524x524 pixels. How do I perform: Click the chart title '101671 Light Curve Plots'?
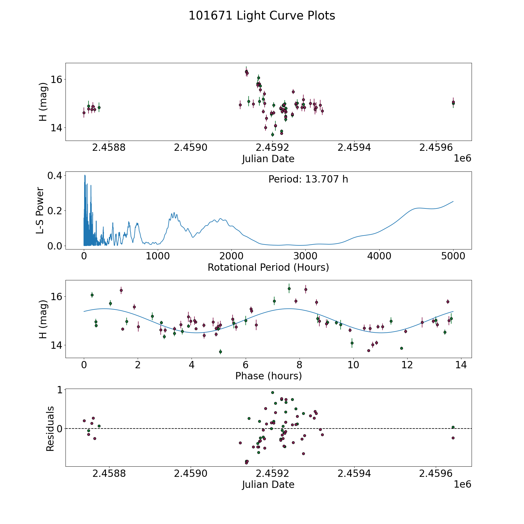pos(262,16)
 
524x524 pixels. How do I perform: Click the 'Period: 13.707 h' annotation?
pos(308,179)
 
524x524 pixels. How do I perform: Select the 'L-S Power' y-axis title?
pos(40,210)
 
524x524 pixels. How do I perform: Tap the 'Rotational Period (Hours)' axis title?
pos(268,267)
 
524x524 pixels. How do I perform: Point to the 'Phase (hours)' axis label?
pos(268,376)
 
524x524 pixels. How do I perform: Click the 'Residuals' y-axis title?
pos(50,429)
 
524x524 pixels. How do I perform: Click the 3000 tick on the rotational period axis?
pos(305,256)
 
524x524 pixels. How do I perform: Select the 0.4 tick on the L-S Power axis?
pos(54,176)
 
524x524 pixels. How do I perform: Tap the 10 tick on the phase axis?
pos(353,365)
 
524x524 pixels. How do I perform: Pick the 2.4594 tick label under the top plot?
pos(354,148)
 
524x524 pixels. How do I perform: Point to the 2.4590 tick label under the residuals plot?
pos(191,474)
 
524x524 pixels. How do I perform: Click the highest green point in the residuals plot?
pos(272,392)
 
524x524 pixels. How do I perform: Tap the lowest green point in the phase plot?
pos(220,352)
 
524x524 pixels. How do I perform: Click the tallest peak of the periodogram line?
pos(85,175)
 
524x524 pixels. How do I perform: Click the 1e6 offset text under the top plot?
pos(462,158)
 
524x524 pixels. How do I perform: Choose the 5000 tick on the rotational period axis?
pos(453,256)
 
